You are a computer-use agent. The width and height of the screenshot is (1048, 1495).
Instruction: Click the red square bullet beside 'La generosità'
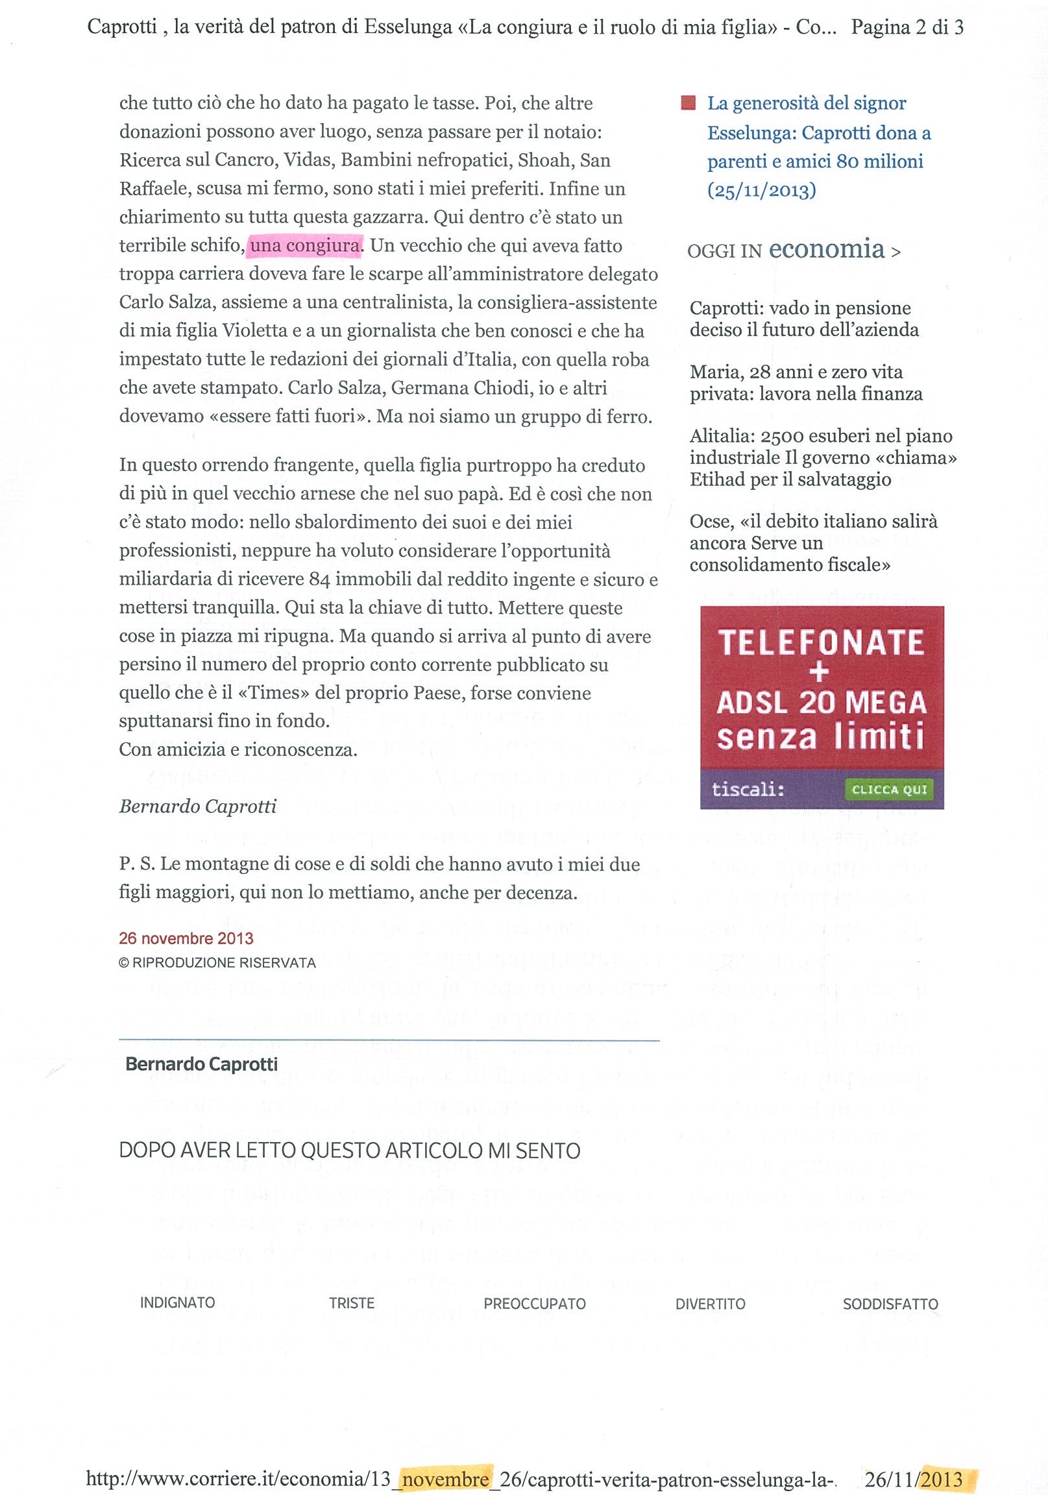(x=687, y=104)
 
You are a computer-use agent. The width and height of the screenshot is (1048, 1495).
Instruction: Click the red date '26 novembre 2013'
(x=186, y=938)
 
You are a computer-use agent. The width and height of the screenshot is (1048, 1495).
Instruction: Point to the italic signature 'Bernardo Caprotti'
(x=197, y=807)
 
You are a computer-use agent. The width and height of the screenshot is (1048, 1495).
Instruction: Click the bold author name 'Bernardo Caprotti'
(x=201, y=1065)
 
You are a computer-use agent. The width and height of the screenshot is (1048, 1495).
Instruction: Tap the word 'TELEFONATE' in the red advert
(x=821, y=642)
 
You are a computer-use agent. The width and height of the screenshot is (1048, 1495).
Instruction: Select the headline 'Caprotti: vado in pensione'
(x=800, y=308)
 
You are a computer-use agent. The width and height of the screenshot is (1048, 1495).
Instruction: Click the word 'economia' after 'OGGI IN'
(x=827, y=249)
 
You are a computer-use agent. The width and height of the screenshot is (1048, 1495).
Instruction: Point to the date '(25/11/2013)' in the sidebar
(x=761, y=190)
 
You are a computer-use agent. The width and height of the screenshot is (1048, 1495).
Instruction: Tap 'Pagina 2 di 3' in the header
(x=907, y=27)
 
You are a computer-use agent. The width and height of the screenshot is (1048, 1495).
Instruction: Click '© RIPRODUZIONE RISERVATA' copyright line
(x=217, y=963)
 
